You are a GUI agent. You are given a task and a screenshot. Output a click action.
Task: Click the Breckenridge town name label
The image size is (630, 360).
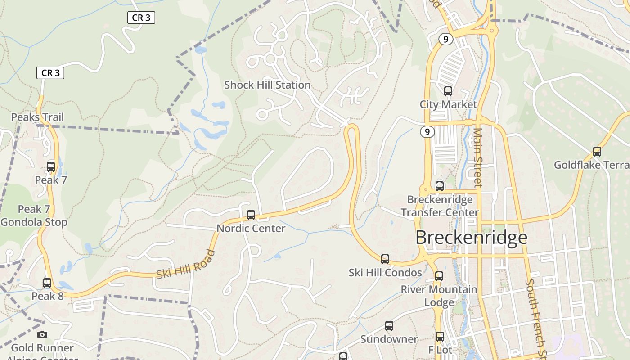pos(471,237)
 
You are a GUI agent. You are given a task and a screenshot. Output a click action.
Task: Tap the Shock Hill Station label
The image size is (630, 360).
pos(267,85)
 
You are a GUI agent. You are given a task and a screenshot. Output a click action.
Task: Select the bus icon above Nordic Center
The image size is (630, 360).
pos(251,215)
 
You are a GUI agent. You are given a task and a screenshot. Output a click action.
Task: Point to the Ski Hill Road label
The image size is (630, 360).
pos(186,265)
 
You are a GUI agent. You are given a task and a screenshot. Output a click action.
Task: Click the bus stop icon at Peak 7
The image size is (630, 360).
pos(51,167)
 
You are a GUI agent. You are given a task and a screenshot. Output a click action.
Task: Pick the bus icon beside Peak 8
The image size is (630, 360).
pos(47,283)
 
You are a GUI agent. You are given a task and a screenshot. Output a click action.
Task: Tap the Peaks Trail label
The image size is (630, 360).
pos(37,117)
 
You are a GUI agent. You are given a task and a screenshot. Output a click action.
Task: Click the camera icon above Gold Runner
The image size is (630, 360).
pos(42,334)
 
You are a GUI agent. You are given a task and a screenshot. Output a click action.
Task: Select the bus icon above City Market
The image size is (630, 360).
pos(448,91)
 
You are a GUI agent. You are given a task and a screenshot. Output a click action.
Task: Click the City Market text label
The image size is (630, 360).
pos(448,104)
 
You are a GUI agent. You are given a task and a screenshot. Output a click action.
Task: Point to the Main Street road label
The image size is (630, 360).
pos(478,157)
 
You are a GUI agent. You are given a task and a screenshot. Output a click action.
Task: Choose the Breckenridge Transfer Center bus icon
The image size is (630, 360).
pos(440,186)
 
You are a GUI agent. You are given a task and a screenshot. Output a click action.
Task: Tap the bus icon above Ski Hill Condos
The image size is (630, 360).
pos(385,259)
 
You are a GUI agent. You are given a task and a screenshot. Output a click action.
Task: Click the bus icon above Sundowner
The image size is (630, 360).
pos(389,326)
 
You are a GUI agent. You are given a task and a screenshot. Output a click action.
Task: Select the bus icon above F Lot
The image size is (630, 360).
pos(440,336)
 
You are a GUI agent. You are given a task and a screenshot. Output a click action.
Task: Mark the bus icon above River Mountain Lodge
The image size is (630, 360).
pos(439,276)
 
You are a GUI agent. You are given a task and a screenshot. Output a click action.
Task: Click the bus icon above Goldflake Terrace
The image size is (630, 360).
pos(597,152)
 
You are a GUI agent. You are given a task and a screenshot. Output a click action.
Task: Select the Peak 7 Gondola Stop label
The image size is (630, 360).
pos(34,216)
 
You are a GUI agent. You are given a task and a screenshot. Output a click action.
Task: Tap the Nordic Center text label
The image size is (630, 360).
pos(251,228)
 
